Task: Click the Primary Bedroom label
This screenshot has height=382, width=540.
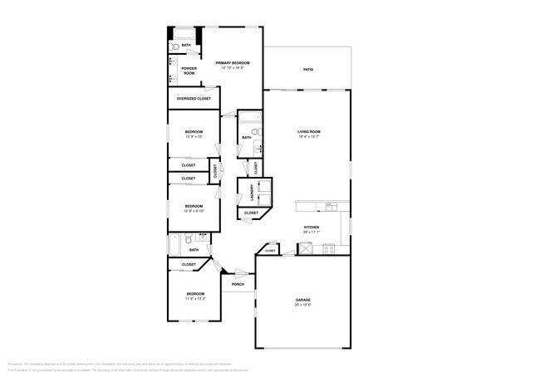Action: pyautogui.click(x=233, y=63)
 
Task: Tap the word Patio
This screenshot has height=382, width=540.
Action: pyautogui.click(x=307, y=70)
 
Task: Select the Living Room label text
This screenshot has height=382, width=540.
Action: pyautogui.click(x=309, y=132)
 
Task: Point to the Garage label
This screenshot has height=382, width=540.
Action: pyautogui.click(x=302, y=300)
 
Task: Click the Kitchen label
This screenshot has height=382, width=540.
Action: pyautogui.click(x=312, y=227)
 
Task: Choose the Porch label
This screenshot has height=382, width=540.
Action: pyautogui.click(x=238, y=285)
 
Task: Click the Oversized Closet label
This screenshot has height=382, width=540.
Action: pyautogui.click(x=194, y=99)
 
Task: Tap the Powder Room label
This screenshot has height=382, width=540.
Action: pyautogui.click(x=189, y=71)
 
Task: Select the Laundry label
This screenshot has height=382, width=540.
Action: pyautogui.click(x=250, y=193)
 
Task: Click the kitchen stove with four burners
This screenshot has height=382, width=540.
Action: pyautogui.click(x=328, y=248)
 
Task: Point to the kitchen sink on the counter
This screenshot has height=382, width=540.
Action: pyautogui.click(x=330, y=207)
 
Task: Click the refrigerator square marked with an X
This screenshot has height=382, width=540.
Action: pyautogui.click(x=306, y=248)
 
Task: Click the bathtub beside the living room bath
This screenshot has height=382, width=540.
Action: pyautogui.click(x=255, y=130)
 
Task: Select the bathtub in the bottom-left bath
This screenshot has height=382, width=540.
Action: pyautogui.click(x=174, y=245)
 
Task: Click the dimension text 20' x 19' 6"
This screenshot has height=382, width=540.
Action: pyautogui.click(x=302, y=305)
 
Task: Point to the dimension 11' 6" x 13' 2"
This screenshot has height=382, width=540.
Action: pyautogui.click(x=195, y=299)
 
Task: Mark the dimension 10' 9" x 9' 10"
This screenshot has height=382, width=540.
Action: pyautogui.click(x=194, y=211)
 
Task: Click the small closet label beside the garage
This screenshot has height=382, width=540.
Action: pyautogui.click(x=270, y=250)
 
